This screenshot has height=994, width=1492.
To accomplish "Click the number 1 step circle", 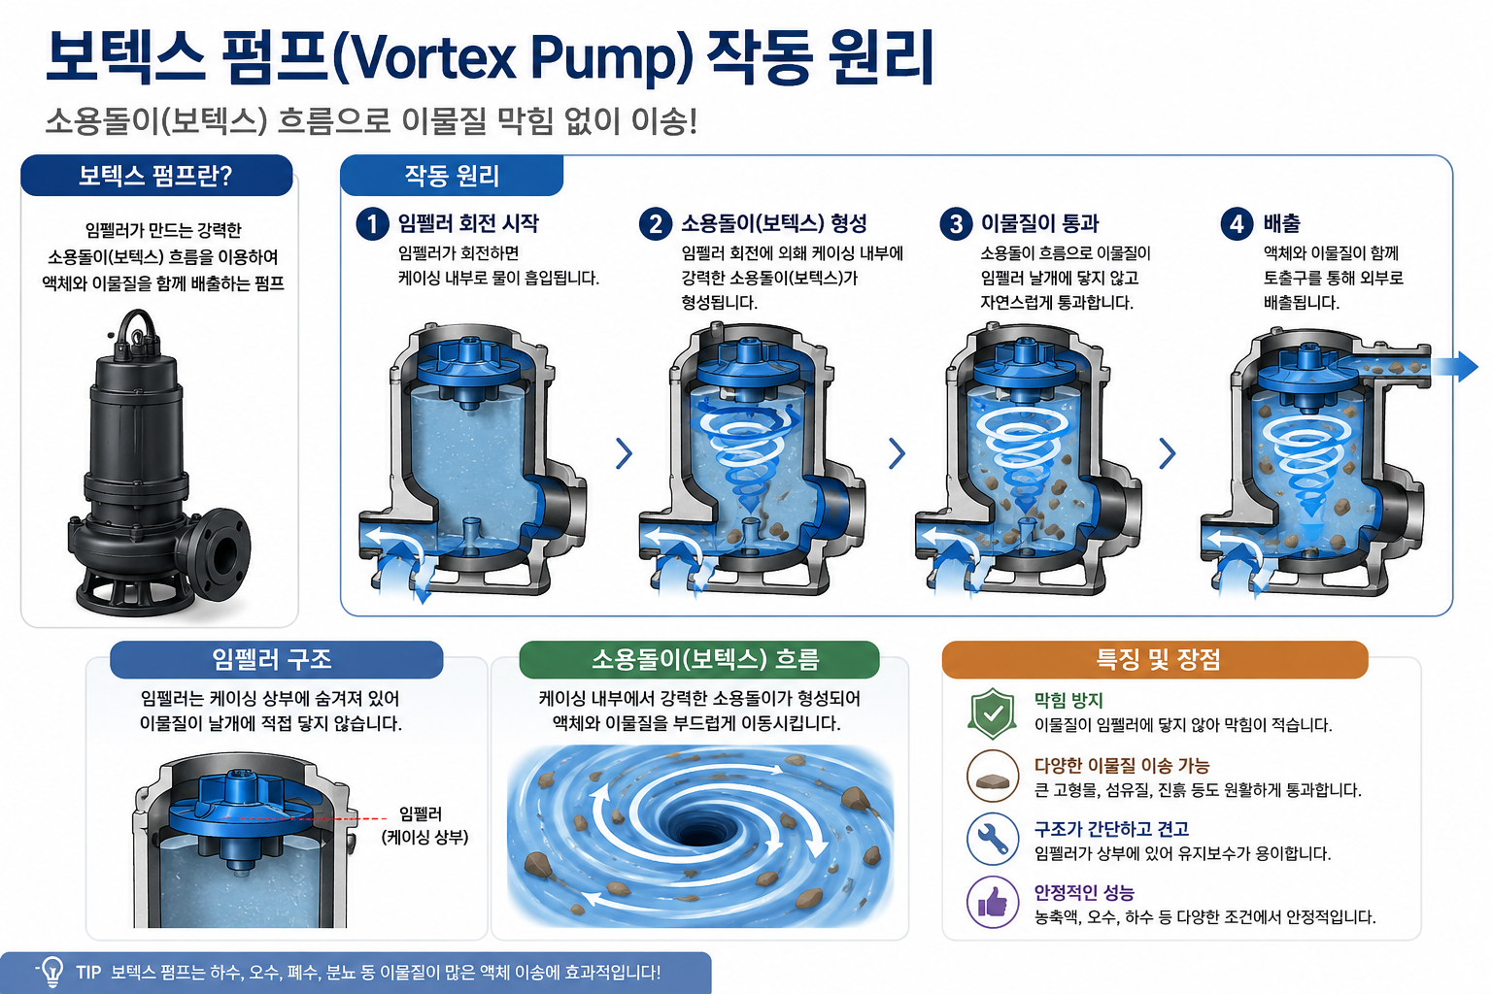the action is click(x=372, y=223).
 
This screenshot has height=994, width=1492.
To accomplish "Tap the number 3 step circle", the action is click(x=956, y=223).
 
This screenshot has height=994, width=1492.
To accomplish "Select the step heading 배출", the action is click(x=1281, y=223).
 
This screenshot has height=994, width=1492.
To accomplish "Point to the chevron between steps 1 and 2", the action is click(x=625, y=453).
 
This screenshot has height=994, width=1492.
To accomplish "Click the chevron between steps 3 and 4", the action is click(x=1168, y=453).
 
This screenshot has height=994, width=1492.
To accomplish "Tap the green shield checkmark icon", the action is click(x=993, y=713).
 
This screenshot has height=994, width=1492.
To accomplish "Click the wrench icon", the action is click(x=993, y=839).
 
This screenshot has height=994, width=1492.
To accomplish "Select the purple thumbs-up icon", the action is click(x=993, y=902).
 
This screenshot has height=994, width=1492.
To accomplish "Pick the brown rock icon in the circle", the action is click(x=993, y=776).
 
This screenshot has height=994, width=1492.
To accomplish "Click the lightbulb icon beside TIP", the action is click(x=51, y=972).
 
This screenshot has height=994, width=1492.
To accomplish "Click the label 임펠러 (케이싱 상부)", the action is click(x=424, y=825).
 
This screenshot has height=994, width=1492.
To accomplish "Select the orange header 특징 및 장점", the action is click(x=1158, y=660).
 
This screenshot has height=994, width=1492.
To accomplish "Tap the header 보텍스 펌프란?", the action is click(x=155, y=176).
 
